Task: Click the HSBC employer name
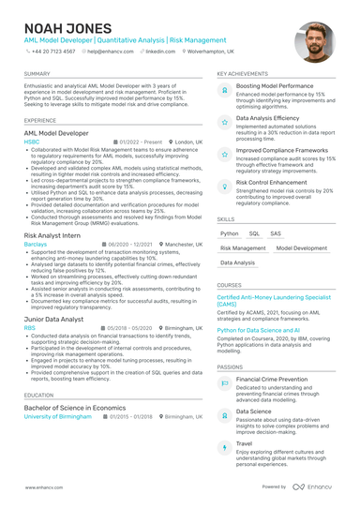[x=33, y=142]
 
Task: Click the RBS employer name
[x=31, y=328]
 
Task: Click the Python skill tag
[x=230, y=233]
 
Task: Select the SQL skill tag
[x=254, y=233]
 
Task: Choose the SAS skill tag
[x=276, y=233]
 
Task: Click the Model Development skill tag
[x=302, y=248]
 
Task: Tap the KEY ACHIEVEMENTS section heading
[x=242, y=73]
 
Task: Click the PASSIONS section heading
[x=230, y=367]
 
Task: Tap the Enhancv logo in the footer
[x=317, y=487]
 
